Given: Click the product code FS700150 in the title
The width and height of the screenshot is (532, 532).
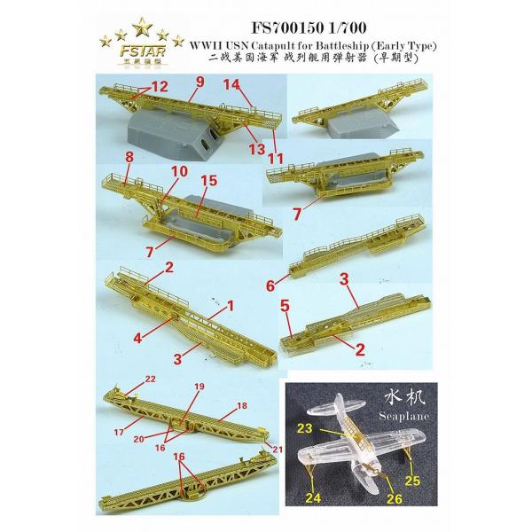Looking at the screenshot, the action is pos(286,27).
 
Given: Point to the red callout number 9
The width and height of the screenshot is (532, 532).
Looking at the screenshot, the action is pos(200,82).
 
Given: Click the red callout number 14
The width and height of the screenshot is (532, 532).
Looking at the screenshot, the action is pos(231,84).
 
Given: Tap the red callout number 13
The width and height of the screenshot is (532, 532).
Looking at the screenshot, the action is pos(256,148).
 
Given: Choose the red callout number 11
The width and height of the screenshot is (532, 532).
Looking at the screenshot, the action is pos(276,159).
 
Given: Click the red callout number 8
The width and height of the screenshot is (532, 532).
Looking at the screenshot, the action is pos(129,158).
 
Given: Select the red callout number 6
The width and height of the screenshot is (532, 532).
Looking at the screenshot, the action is pos(270,286).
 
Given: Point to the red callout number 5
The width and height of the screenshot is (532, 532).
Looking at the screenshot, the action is pos(285,307).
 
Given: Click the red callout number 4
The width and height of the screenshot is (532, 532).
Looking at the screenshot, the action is pos(137,338).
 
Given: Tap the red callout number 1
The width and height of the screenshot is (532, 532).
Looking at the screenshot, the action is pos(231,307).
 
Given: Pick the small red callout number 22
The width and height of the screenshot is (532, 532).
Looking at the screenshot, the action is pos(150,379).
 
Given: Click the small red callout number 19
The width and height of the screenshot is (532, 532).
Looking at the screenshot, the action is pos(199,386).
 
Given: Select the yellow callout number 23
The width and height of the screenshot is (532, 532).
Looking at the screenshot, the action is pos(304,428).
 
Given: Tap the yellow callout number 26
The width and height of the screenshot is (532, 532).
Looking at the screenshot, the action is pos(394,498).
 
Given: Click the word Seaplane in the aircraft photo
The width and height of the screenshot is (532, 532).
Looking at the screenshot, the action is pos(403,416).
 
